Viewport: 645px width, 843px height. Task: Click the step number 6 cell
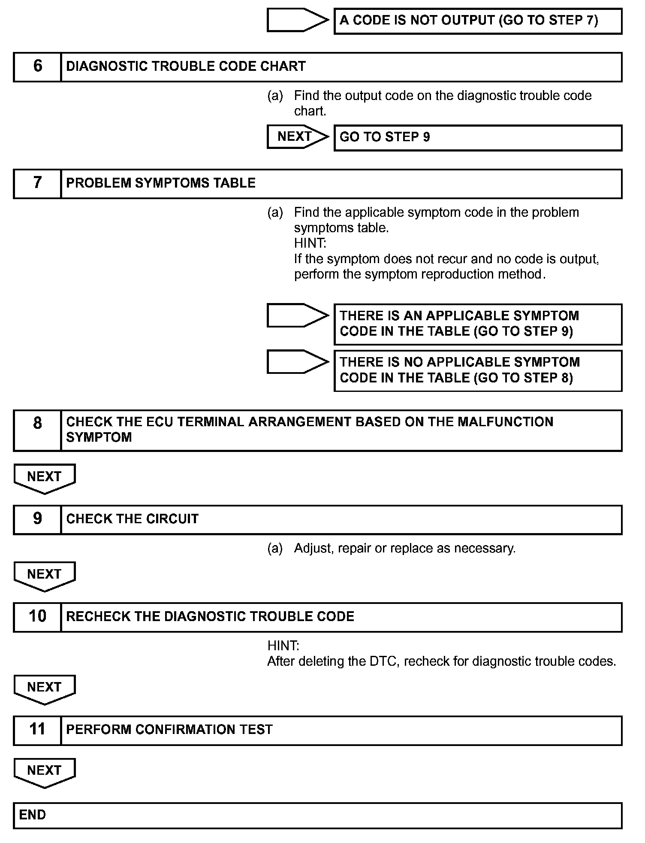tap(37, 67)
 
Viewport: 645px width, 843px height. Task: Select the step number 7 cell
tap(37, 183)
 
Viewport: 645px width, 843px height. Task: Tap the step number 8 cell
tap(37, 430)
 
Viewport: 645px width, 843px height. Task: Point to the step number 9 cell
tap(37, 519)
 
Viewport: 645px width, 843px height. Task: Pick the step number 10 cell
tap(37, 617)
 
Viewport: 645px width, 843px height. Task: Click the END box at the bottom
tap(317, 815)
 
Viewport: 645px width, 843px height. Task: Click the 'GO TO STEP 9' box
tap(478, 137)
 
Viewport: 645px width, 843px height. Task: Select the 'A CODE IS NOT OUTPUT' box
tap(478, 21)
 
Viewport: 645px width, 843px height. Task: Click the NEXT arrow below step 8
tap(45, 478)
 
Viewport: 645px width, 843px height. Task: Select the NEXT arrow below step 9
tap(45, 576)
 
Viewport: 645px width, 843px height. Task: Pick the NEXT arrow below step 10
tap(45, 688)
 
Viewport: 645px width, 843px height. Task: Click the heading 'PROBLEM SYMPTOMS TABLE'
tap(161, 183)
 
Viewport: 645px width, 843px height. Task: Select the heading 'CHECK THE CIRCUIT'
tap(133, 519)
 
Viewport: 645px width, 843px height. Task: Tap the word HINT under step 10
tap(283, 646)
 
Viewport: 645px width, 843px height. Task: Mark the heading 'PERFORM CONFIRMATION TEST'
tap(169, 730)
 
